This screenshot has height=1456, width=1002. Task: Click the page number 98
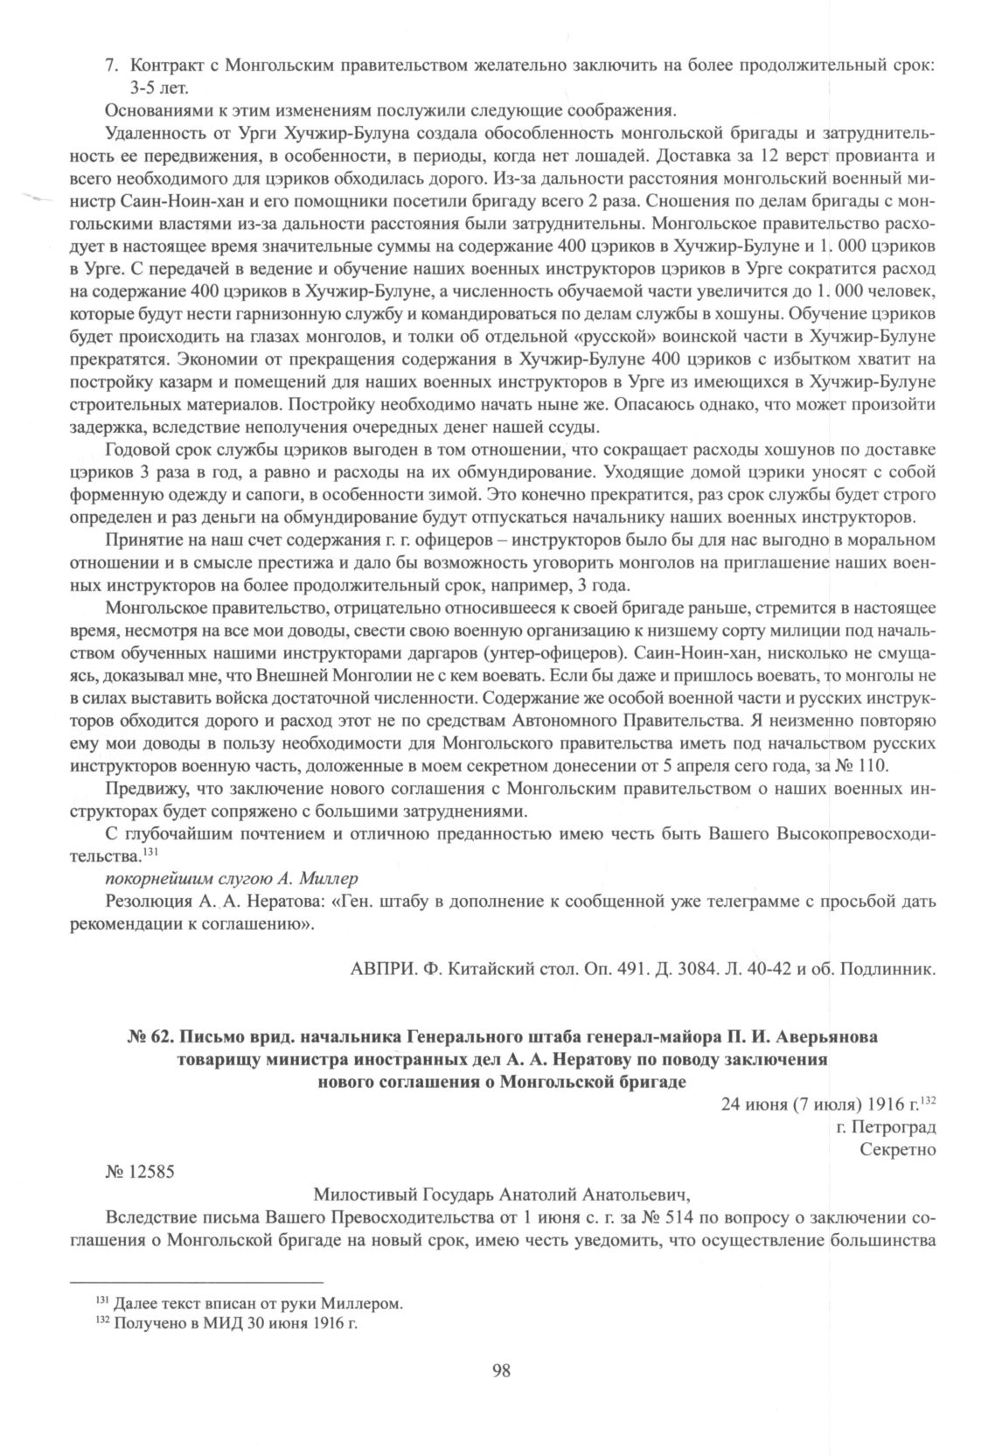click(x=501, y=1370)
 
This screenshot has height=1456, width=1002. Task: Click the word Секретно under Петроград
click(x=898, y=1150)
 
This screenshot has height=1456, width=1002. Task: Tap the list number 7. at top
click(x=111, y=66)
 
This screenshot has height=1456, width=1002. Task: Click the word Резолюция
click(x=143, y=901)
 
